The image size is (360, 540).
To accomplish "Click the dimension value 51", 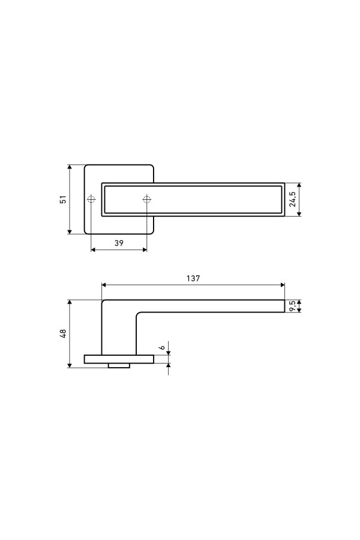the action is [63, 199].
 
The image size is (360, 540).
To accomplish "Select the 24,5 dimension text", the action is [292, 199].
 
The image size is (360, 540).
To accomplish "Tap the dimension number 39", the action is [119, 243].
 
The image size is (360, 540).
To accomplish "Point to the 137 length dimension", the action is [193, 278].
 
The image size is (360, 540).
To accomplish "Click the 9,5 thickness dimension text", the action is [292, 306].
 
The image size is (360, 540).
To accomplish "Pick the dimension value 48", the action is [63, 334].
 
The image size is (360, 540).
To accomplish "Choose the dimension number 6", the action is [162, 347].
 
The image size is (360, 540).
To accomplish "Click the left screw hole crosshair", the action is [91, 199].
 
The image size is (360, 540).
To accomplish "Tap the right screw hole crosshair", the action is [146, 199].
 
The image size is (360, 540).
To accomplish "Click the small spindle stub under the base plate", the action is [119, 365].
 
